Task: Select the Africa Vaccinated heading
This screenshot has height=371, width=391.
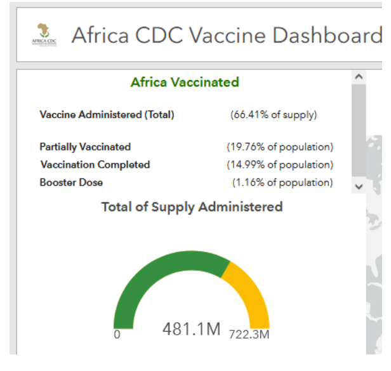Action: (185, 83)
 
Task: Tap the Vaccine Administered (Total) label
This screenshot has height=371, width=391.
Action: (107, 115)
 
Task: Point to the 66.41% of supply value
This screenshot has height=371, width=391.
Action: (274, 115)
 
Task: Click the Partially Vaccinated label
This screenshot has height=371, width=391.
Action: (85, 147)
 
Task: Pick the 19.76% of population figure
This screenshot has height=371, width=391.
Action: (280, 147)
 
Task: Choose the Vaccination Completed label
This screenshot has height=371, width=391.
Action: (95, 165)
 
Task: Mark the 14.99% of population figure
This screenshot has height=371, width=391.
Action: (280, 165)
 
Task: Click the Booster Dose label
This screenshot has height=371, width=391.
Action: (71, 182)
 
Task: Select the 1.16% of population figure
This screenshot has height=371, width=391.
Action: (282, 182)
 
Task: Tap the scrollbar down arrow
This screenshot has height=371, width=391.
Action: (359, 186)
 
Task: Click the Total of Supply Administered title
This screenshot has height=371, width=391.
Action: (192, 207)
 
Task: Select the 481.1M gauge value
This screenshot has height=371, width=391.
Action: (191, 330)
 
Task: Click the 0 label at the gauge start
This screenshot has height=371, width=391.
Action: (117, 334)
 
